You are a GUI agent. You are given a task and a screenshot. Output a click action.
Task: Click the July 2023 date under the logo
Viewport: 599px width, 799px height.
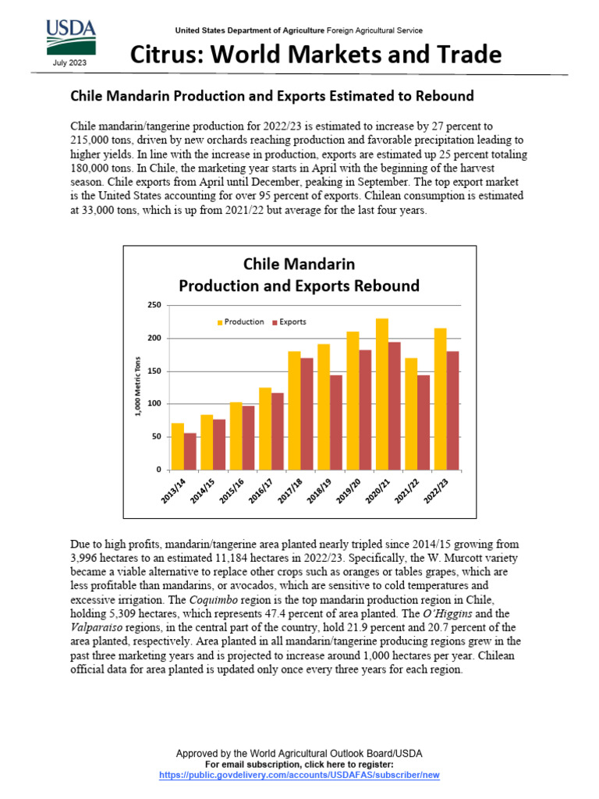(x=71, y=62)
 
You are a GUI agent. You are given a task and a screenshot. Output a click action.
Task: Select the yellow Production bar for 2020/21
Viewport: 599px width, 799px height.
(x=382, y=394)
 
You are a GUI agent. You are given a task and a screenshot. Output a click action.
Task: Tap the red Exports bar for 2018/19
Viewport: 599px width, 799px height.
(x=336, y=422)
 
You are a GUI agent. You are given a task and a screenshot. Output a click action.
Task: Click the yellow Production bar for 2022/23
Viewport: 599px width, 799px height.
(x=441, y=399)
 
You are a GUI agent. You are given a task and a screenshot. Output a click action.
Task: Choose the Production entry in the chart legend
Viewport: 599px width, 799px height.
(x=239, y=321)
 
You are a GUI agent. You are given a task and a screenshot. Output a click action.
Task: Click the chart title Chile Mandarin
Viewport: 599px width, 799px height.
(x=299, y=264)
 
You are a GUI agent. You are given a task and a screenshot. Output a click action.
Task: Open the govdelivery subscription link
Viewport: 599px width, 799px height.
(x=299, y=775)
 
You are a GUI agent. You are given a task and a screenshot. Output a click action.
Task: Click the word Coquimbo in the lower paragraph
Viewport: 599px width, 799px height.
(x=215, y=599)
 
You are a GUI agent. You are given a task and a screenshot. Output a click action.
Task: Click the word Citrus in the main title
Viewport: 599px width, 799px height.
(x=166, y=55)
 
